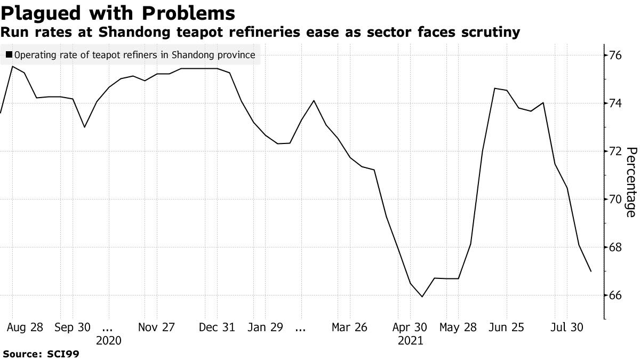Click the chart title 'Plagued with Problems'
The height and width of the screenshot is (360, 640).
(x=118, y=13)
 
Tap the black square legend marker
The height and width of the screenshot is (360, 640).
(x=9, y=54)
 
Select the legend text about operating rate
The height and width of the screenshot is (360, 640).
(x=135, y=54)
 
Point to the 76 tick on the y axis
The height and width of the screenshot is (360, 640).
(x=617, y=55)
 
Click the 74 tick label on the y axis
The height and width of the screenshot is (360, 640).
(x=617, y=103)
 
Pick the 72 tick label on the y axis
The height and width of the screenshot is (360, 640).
(x=617, y=151)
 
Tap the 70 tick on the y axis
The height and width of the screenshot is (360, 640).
(x=617, y=199)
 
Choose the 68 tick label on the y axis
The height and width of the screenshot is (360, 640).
(x=617, y=247)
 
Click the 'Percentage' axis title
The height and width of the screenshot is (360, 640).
(x=630, y=181)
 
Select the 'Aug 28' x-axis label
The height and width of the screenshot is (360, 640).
(x=25, y=327)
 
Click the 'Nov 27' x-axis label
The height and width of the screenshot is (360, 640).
(x=156, y=327)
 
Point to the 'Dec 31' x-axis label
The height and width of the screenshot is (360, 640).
(x=217, y=327)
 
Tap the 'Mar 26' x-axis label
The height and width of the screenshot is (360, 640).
(x=349, y=327)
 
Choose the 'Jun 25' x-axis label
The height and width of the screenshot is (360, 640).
(x=503, y=327)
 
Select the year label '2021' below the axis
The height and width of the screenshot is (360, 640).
(x=410, y=340)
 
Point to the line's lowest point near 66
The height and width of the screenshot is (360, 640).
(x=422, y=297)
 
